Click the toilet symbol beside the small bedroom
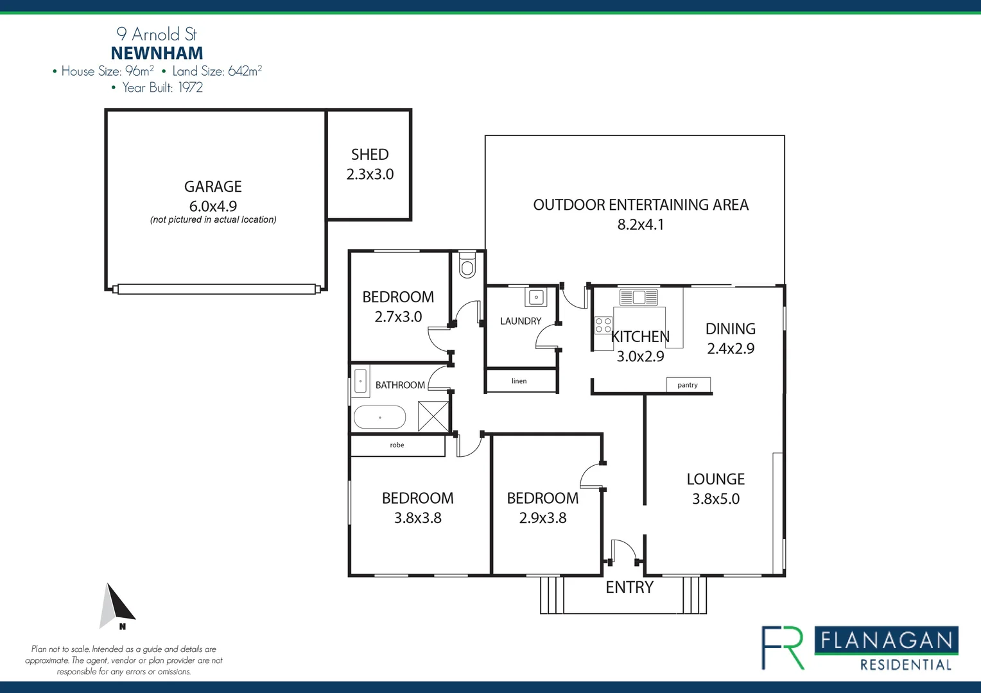(x=467, y=266)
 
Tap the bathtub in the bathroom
(x=379, y=418)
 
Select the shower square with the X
(x=433, y=416)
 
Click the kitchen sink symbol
(x=638, y=297)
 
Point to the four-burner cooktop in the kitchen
(x=603, y=325)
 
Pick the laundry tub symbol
(x=536, y=297)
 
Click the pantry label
(x=687, y=385)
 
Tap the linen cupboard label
(x=519, y=381)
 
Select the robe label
(x=397, y=445)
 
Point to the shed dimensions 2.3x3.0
(x=370, y=175)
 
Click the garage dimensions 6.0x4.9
(x=213, y=206)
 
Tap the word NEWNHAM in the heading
(x=157, y=53)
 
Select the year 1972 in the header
(x=190, y=88)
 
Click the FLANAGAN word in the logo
(x=886, y=640)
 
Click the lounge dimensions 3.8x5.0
(x=715, y=499)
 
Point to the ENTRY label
(x=629, y=588)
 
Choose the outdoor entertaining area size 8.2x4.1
(x=640, y=225)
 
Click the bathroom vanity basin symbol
(x=361, y=382)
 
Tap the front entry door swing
(x=623, y=551)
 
